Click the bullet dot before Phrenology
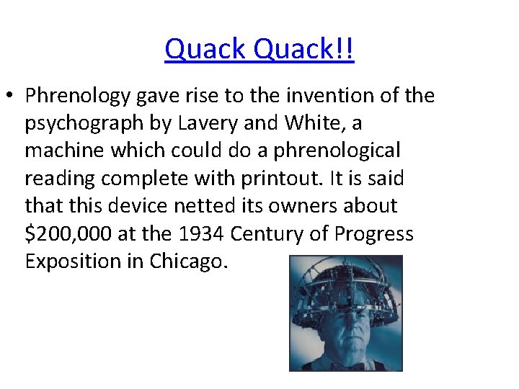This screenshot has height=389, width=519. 13,96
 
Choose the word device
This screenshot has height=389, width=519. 131,205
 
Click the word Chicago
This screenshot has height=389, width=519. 188,261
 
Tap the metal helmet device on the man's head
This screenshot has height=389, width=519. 345,285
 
